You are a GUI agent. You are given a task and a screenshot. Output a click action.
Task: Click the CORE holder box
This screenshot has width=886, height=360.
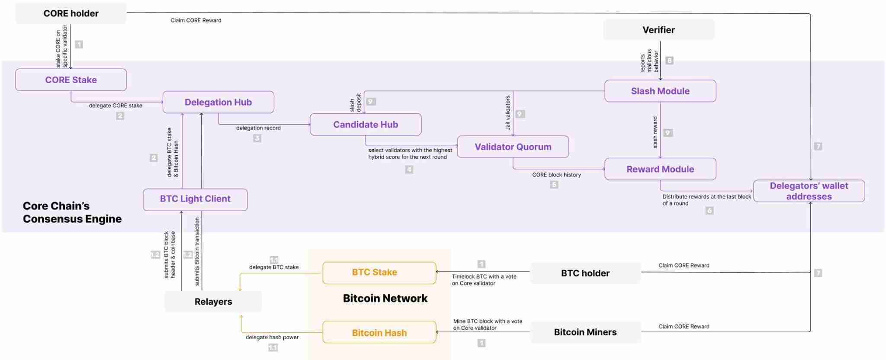click(71, 13)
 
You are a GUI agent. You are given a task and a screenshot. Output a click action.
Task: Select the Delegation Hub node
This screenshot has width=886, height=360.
click(218, 102)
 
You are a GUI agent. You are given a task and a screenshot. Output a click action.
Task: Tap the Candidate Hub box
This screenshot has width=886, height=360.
click(366, 125)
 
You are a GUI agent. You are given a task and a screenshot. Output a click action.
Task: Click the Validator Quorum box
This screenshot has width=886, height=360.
click(513, 147)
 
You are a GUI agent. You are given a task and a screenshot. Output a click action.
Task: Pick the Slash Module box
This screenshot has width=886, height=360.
click(660, 91)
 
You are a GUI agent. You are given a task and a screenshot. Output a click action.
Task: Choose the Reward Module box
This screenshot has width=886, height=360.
click(660, 169)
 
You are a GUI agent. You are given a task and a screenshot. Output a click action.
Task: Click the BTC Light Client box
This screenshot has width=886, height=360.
click(195, 199)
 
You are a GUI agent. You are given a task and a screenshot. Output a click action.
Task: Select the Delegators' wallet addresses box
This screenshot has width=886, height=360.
click(809, 191)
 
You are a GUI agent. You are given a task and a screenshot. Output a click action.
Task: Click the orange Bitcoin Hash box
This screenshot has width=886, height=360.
click(379, 332)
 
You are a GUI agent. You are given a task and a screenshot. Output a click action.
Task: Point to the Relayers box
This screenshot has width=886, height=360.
click(213, 302)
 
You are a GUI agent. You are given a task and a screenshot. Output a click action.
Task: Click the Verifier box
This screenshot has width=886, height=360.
click(658, 30)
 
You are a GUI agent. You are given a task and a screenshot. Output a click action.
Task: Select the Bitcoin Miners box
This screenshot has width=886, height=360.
click(585, 332)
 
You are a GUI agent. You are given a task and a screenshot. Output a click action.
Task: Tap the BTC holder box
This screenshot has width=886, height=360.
click(585, 273)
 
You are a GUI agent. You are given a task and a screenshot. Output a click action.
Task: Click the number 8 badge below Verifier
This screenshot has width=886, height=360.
click(669, 61)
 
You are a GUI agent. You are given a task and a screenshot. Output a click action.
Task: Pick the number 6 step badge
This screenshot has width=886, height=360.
click(709, 211)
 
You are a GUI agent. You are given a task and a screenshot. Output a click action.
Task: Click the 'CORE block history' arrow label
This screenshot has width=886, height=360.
click(556, 175)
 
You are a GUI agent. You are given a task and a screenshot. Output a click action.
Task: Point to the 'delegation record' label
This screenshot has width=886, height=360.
click(258, 128)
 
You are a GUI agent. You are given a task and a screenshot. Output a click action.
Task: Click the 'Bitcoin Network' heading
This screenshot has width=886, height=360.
click(385, 298)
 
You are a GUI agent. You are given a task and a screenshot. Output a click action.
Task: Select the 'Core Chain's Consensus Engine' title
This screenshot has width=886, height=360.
click(72, 212)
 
